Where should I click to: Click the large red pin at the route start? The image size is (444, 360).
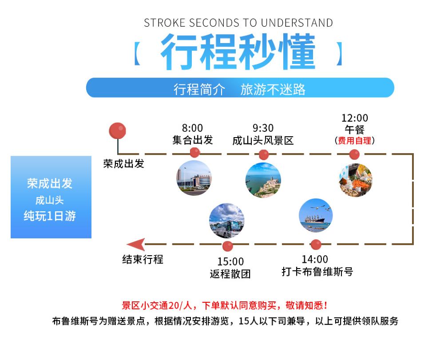pyautogui.click(x=118, y=131)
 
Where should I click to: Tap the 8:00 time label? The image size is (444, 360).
pyautogui.click(x=192, y=128)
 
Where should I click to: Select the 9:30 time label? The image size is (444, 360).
pyautogui.click(x=263, y=128)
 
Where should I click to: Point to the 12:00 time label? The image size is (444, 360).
pyautogui.click(x=354, y=118)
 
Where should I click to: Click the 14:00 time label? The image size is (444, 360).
pyautogui.click(x=315, y=259)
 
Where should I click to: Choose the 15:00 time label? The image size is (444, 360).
pyautogui.click(x=230, y=261)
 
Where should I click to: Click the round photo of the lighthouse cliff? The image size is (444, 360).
pyautogui.click(x=263, y=180)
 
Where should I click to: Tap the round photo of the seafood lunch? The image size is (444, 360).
pyautogui.click(x=356, y=180)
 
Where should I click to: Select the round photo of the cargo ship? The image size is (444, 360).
pyautogui.click(x=316, y=215)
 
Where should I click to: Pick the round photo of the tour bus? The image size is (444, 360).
pyautogui.click(x=226, y=221)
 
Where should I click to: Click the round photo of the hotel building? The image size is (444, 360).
pyautogui.click(x=194, y=178)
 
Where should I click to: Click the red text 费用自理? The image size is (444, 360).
pyautogui.click(x=354, y=140)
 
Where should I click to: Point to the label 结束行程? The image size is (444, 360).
pyautogui.click(x=143, y=259)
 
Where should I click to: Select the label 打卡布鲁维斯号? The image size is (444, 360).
pyautogui.click(x=317, y=272)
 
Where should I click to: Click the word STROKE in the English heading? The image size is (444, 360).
pyautogui.click(x=165, y=23)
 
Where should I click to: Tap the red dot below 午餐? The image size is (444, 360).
pyautogui.click(x=354, y=154)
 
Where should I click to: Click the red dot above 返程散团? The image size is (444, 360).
pyautogui.click(x=228, y=246)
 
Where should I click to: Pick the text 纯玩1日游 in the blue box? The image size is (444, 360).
pyautogui.click(x=50, y=216)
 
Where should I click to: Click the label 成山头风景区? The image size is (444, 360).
pyautogui.click(x=263, y=140)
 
